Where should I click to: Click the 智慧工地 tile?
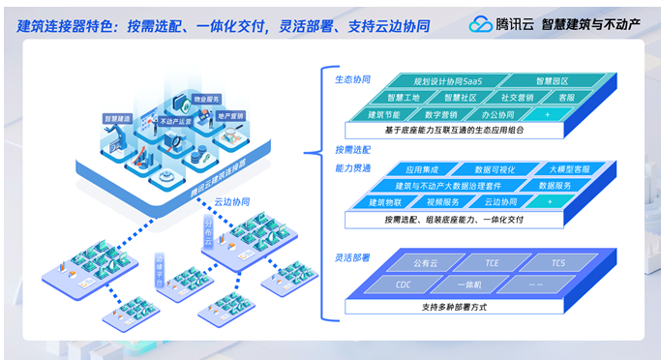click(404, 98)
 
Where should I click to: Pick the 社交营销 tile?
click(516, 98)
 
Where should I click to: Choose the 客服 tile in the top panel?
click(567, 98)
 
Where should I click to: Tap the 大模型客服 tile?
click(567, 168)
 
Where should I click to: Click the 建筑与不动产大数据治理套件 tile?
click(452, 185)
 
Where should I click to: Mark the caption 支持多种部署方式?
click(459, 307)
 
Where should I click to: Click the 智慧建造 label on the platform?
click(117, 119)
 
